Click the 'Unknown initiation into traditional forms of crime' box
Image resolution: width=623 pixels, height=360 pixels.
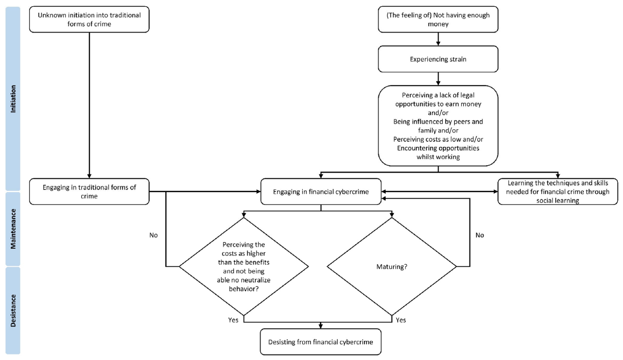tap(89, 20)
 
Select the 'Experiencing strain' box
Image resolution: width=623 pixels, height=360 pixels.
tap(438, 59)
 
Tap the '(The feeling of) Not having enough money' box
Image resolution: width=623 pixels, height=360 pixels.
tap(438, 20)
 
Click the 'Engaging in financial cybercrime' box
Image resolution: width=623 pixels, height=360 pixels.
tap(321, 192)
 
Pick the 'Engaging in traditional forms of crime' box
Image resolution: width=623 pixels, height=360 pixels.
tap(89, 192)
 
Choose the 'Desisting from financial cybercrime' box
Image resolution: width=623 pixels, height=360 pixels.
tap(321, 342)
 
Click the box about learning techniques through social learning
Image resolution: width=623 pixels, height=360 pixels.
tap(558, 192)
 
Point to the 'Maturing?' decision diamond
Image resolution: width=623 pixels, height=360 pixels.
tap(392, 266)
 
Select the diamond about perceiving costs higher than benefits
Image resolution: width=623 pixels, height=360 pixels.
tap(244, 266)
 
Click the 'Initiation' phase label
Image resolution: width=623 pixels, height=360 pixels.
tap(13, 99)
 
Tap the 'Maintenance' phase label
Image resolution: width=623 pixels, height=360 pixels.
tap(13, 229)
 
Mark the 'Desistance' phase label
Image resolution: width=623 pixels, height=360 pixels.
tap(13, 311)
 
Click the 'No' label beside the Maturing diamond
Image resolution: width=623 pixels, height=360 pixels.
tap(479, 235)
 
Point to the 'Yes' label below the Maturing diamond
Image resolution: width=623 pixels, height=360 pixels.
tap(401, 320)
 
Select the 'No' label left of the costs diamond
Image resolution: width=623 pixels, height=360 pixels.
tap(153, 235)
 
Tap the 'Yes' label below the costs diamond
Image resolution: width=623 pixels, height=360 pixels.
tap(233, 320)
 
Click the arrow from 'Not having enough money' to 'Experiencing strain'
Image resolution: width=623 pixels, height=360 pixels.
tap(438, 39)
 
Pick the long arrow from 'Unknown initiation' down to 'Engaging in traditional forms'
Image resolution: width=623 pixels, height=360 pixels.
tap(89, 106)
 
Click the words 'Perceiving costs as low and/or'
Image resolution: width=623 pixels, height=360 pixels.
tap(438, 139)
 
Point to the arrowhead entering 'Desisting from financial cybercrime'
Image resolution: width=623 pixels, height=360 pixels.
tap(321, 326)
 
